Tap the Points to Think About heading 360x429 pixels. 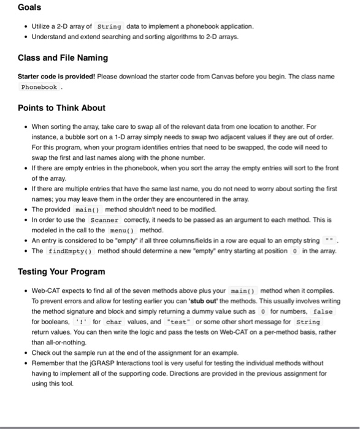click(x=61, y=108)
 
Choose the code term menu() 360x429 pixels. click(x=123, y=229)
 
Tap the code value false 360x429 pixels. click(x=323, y=311)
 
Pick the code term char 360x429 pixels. click(x=115, y=322)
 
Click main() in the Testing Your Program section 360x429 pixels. click(x=243, y=290)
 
